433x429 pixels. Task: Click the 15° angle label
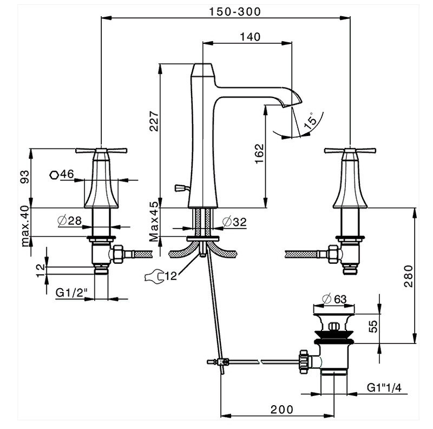coord(310,121)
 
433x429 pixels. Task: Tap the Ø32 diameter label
coord(234,221)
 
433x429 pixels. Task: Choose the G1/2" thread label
coord(72,292)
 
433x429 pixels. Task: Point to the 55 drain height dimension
coord(372,327)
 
